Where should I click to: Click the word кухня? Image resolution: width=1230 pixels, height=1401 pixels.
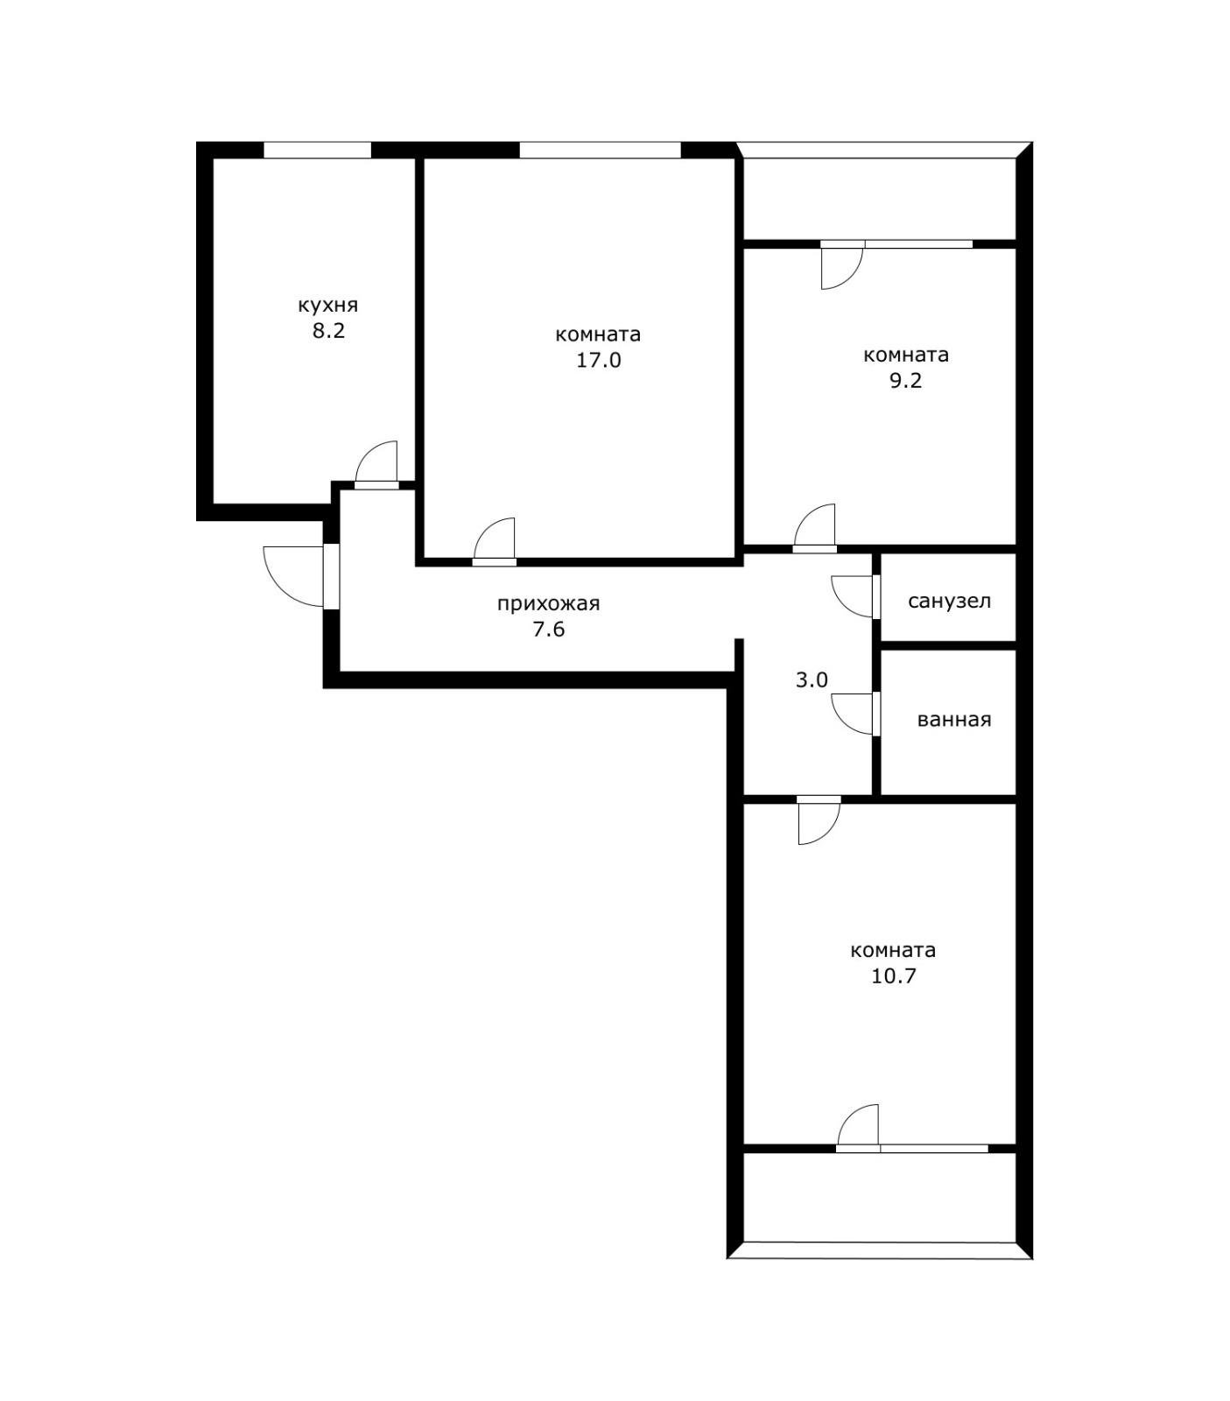tap(328, 306)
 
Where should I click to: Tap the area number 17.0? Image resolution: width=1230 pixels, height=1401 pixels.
tap(599, 360)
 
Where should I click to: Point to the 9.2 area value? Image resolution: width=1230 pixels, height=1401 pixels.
tap(906, 381)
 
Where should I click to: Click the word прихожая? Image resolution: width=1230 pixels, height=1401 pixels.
tap(548, 604)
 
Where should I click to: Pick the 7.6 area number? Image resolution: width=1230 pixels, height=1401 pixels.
tap(549, 629)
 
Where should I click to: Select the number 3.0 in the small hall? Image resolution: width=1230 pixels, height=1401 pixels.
tap(812, 679)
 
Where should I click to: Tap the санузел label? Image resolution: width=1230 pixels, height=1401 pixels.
tap(950, 602)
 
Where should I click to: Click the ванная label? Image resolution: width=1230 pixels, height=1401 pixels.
tap(954, 720)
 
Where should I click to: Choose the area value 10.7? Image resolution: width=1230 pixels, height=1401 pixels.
tap(894, 976)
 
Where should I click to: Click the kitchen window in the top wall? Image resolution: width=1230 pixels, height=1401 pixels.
tap(317, 150)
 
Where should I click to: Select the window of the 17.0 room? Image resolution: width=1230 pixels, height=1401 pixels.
tap(600, 150)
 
